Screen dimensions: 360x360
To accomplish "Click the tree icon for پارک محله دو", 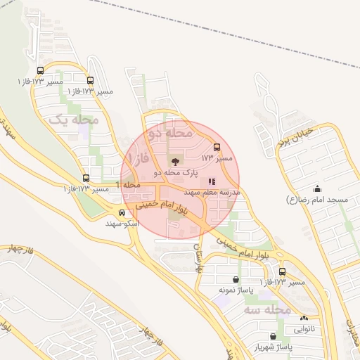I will [175, 161].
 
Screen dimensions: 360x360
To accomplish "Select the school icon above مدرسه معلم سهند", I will [212, 181].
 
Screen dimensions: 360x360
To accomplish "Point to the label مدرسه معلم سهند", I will [212, 191].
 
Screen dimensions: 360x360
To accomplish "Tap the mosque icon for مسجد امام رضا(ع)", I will [317, 189].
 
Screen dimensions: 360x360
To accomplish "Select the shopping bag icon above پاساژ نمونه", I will [224, 279].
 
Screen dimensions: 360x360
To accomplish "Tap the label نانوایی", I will [304, 328].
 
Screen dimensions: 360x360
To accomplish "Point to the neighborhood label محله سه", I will [268, 309].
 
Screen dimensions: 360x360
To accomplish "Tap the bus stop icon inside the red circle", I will [216, 148].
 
